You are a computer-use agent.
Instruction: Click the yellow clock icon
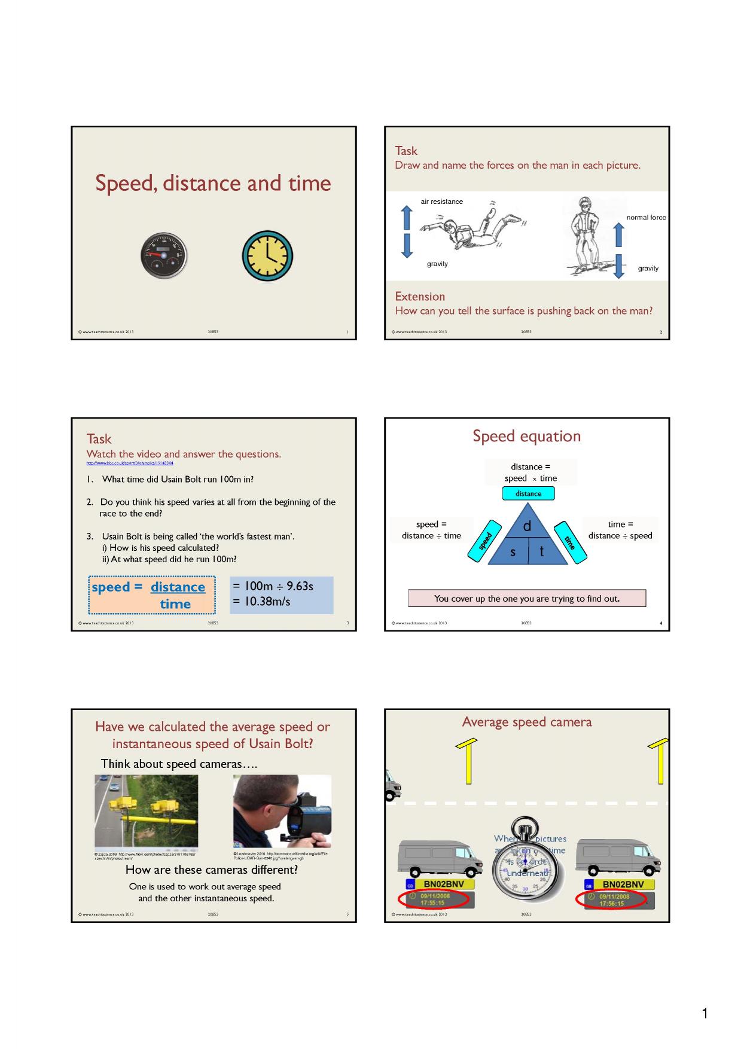click(x=267, y=255)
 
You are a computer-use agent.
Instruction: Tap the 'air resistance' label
click(x=441, y=202)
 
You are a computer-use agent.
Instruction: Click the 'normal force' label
click(x=646, y=218)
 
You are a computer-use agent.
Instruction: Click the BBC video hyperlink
click(x=130, y=463)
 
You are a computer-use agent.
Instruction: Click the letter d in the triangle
click(x=527, y=526)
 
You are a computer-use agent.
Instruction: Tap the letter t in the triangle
click(x=542, y=551)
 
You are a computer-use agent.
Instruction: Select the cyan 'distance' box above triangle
click(x=528, y=493)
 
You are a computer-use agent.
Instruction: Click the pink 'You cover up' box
click(x=527, y=598)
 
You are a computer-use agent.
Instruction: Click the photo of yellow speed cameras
click(x=146, y=812)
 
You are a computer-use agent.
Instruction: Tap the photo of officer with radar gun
click(x=282, y=812)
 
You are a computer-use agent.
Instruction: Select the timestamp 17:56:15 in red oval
click(x=612, y=904)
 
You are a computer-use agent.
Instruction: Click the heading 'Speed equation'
click(x=526, y=436)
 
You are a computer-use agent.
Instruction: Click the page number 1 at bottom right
click(x=705, y=1013)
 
